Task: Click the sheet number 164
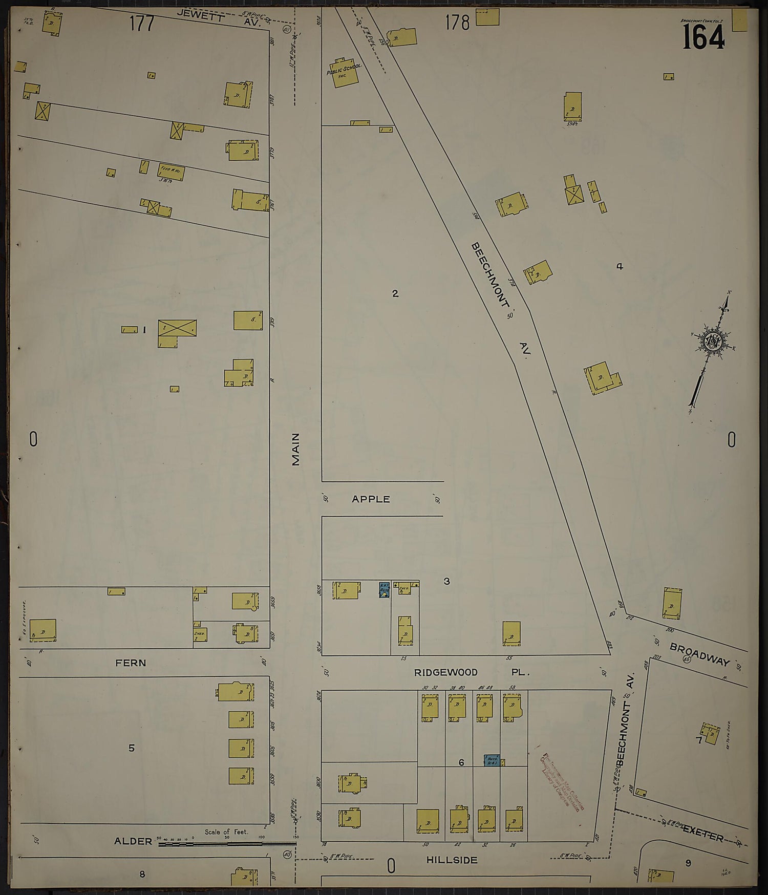(703, 37)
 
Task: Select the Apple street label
(371, 499)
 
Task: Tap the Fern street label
(131, 663)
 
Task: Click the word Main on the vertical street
(296, 450)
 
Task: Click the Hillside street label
(452, 860)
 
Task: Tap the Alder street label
(133, 841)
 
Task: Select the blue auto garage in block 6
(492, 760)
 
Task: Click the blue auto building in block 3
(384, 590)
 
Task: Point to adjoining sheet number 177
(142, 24)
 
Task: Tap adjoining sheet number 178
(457, 23)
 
